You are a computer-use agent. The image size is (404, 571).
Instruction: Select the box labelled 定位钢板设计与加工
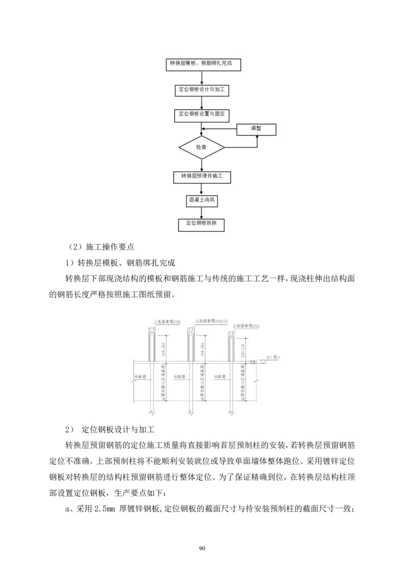pos(202,90)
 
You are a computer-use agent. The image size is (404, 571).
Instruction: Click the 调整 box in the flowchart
pos(257,129)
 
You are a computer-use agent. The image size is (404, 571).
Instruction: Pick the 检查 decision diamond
pos(201,147)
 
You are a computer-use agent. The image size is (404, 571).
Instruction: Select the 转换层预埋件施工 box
pos(202,177)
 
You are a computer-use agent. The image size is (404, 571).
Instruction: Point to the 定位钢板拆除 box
pos(202,223)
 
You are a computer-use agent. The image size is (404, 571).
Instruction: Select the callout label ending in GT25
pos(245,326)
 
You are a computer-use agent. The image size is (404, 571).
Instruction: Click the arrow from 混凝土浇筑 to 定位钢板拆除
pos(202,212)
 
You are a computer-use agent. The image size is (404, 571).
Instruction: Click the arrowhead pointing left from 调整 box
pos(205,129)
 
